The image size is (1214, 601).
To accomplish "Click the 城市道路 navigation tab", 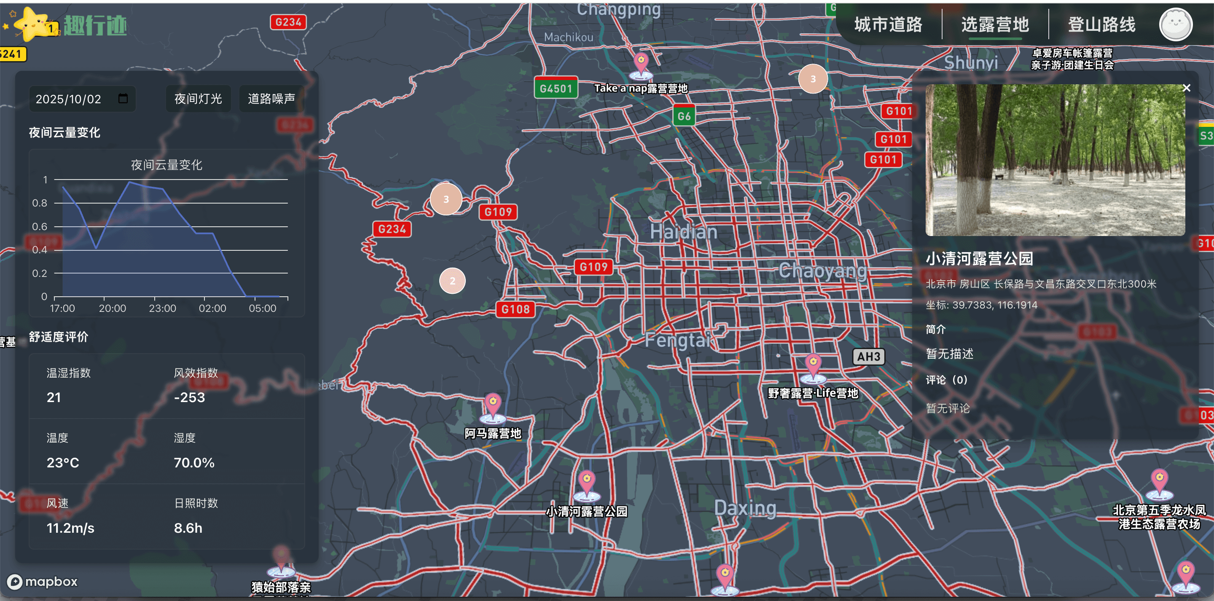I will click(888, 24).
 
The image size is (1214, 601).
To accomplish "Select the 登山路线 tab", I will click(1101, 24).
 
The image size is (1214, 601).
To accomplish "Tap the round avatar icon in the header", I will click(1175, 24).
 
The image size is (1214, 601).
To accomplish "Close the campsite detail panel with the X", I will click(1186, 88).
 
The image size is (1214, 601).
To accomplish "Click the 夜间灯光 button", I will click(198, 99).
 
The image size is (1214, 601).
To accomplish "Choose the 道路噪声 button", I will click(271, 99).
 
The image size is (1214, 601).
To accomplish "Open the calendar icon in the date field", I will click(123, 99).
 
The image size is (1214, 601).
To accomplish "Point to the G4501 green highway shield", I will click(556, 88).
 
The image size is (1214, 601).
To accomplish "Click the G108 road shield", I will click(515, 309).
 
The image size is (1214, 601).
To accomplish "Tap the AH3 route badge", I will click(868, 357).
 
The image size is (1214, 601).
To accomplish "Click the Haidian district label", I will click(683, 232).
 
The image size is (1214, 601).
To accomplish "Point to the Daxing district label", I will click(744, 508).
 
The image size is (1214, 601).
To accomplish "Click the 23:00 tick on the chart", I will click(162, 308).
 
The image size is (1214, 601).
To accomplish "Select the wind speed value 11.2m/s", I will click(70, 528).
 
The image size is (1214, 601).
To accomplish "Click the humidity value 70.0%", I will click(194, 462).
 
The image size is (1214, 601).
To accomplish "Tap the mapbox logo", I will click(43, 582).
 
